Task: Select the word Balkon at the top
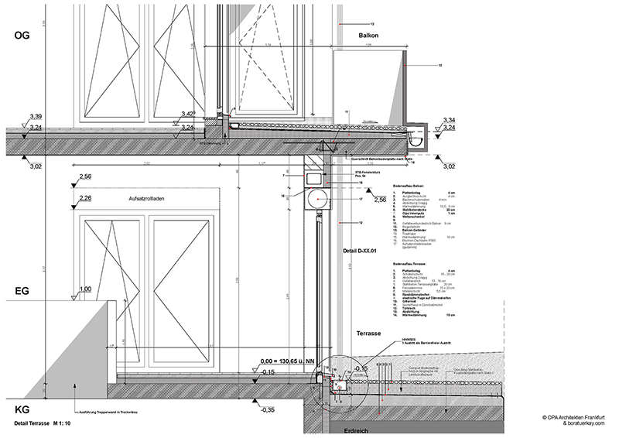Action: click(368, 36)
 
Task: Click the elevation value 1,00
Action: click(84, 289)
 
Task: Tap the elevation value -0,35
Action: click(268, 409)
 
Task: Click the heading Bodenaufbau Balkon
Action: click(410, 187)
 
